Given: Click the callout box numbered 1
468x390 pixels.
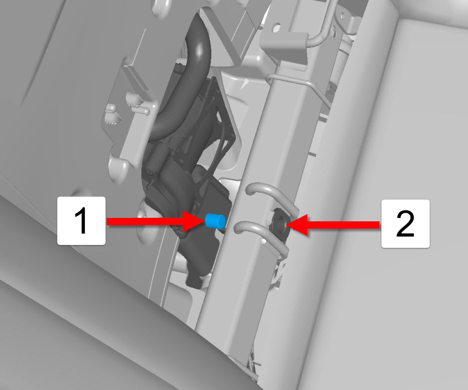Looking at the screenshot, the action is [81, 221].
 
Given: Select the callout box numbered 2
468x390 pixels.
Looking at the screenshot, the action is [405, 224].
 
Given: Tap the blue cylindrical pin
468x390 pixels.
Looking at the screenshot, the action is [215, 221].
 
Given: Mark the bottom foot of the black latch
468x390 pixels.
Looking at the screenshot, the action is [195, 280].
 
